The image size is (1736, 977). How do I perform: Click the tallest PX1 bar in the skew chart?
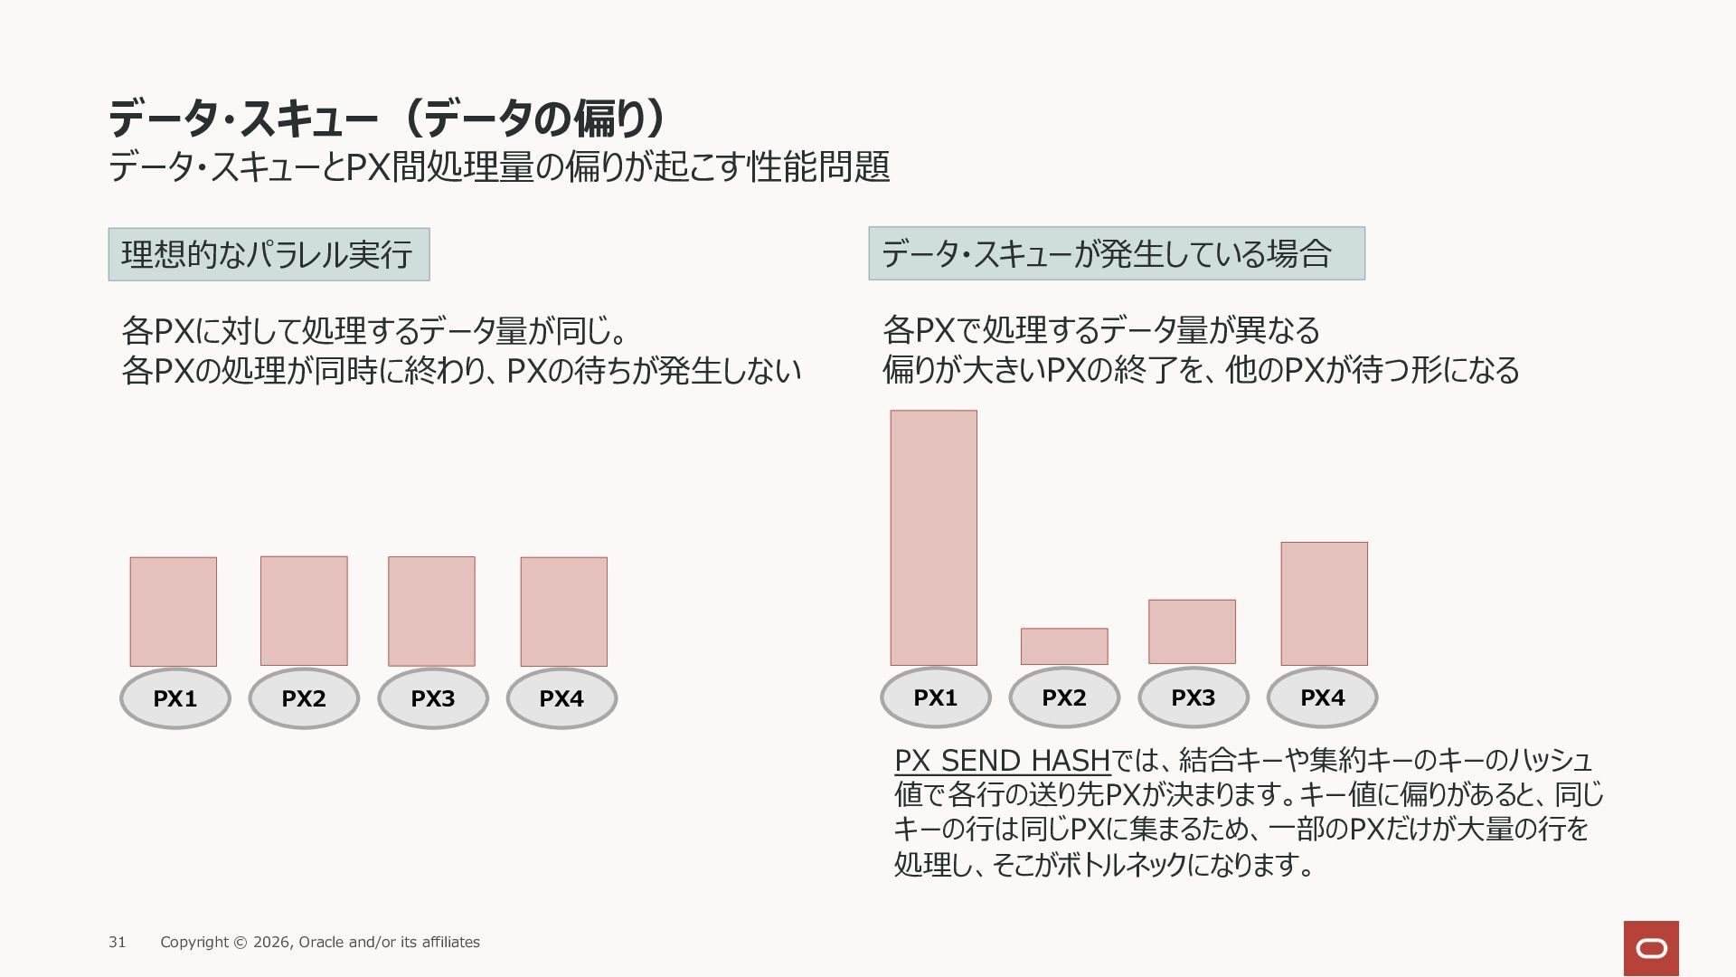pos(933,538)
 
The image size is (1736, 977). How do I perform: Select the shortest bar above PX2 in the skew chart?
pos(1064,647)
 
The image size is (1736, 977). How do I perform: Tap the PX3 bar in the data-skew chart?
pos(1192,631)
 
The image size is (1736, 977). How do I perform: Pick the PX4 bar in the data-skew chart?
pos(1324,603)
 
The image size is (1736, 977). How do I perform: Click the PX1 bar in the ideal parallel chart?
pos(173,612)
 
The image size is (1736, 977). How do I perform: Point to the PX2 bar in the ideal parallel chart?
pos(304,611)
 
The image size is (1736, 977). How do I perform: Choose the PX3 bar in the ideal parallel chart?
pos(431,611)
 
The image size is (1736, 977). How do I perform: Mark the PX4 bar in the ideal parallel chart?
pos(563,612)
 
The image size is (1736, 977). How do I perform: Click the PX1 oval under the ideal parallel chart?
pos(175,698)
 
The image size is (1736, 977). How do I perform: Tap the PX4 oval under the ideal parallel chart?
pos(561,698)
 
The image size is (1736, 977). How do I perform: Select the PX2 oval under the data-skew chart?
pos(1064,697)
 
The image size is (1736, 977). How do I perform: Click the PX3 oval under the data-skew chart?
pos(1193,697)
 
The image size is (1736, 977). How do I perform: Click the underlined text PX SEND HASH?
pos(1002,760)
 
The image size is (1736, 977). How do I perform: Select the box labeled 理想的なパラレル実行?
pos(269,254)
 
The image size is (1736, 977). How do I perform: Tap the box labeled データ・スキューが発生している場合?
pos(1117,253)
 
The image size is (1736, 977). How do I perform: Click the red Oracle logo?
pos(1651,948)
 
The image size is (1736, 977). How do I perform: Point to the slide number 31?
pos(118,942)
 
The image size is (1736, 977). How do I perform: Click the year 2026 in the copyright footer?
pos(271,942)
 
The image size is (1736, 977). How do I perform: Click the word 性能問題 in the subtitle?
pos(819,166)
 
